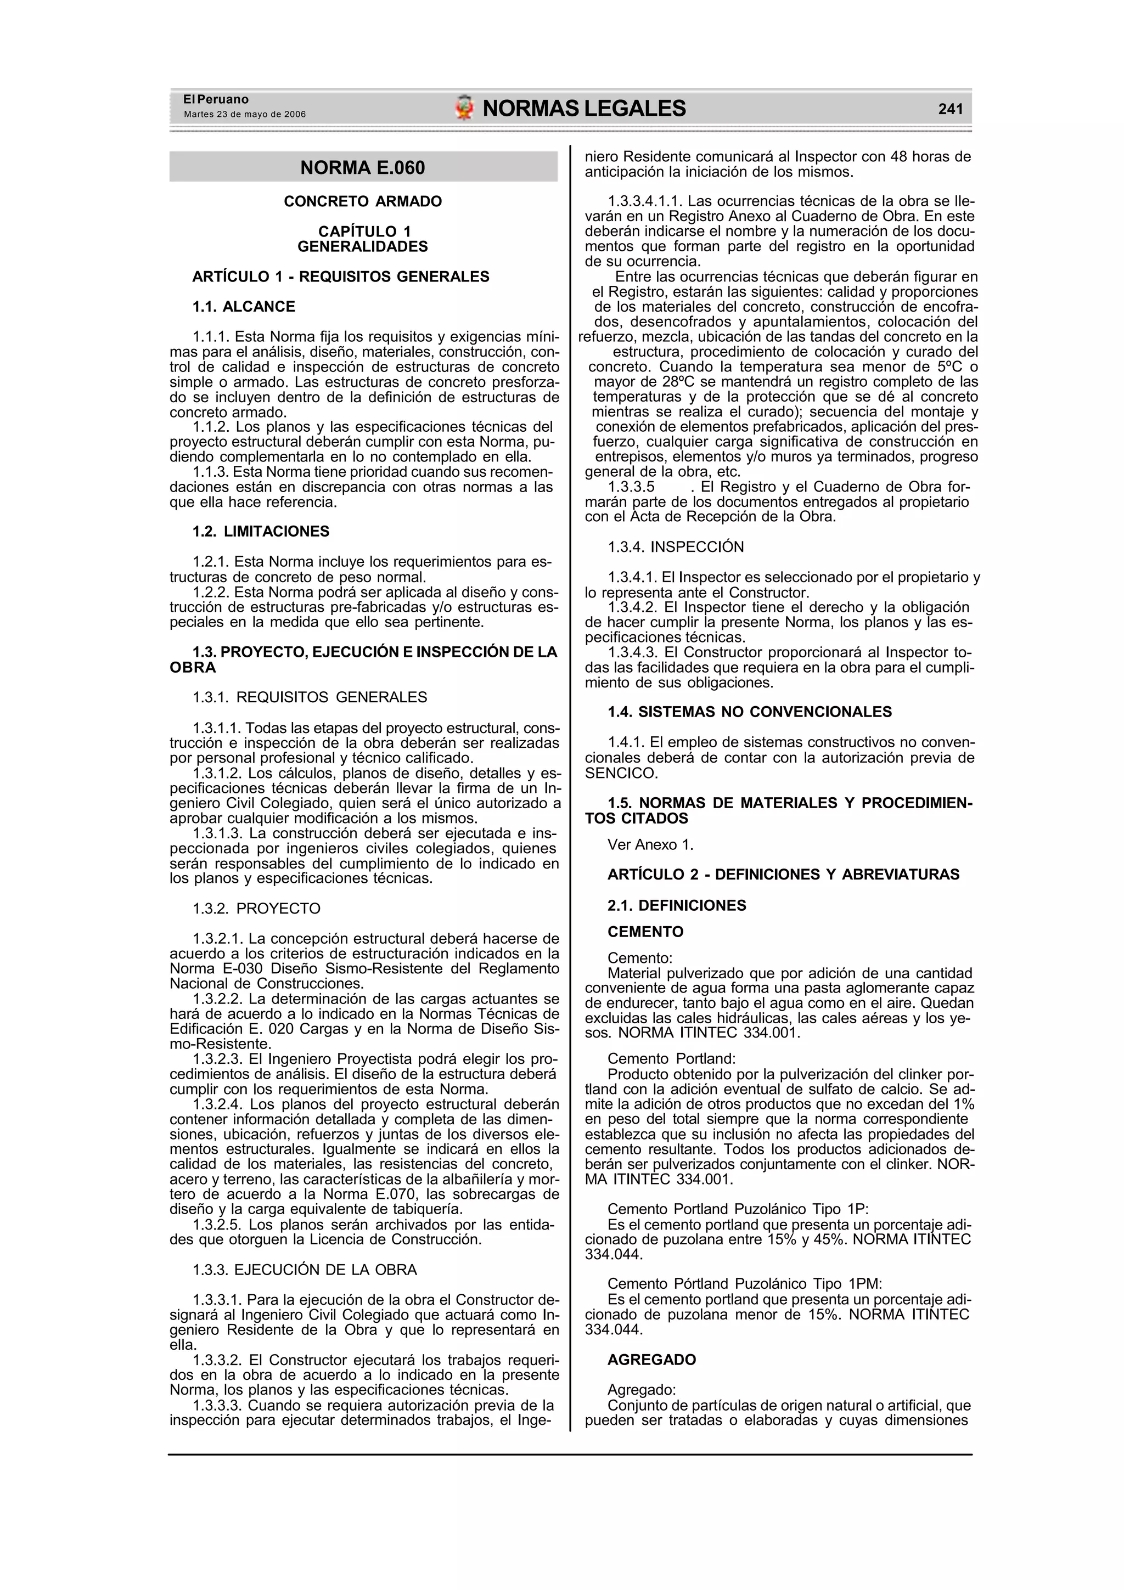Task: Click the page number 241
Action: click(950, 109)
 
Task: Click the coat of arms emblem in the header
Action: click(464, 108)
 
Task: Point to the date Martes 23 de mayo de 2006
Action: click(244, 114)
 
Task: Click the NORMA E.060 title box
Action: click(363, 167)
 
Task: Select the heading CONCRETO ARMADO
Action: click(363, 201)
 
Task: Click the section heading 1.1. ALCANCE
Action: click(244, 307)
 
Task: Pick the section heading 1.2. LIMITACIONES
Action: click(261, 532)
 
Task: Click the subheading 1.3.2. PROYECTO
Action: click(257, 909)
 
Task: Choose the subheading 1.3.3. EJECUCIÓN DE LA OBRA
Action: click(305, 1270)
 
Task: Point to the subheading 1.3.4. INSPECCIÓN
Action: click(676, 547)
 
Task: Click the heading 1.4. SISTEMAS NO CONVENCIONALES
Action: click(750, 712)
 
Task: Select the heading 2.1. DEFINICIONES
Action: click(677, 906)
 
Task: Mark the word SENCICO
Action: click(621, 773)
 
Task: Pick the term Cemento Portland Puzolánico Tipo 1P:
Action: click(738, 1209)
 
